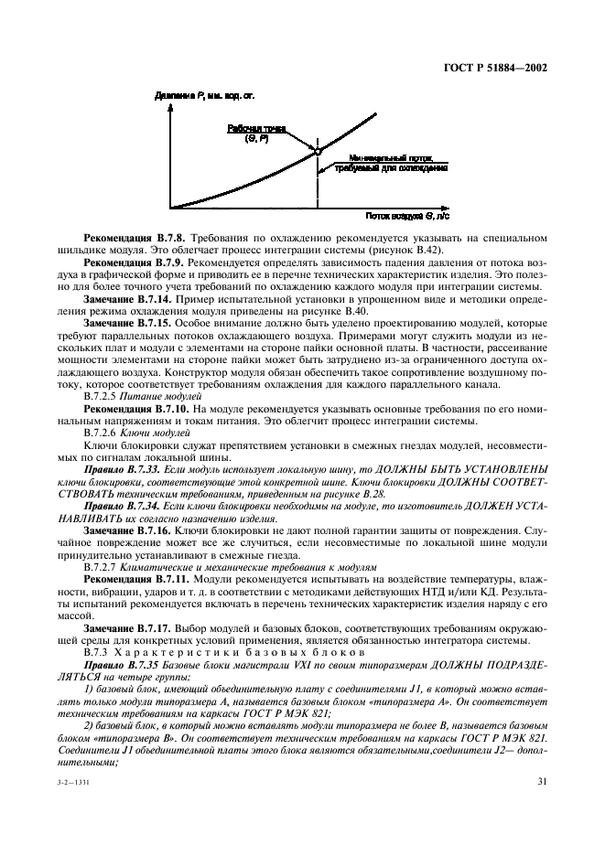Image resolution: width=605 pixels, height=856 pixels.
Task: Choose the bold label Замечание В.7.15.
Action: click(124, 322)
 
